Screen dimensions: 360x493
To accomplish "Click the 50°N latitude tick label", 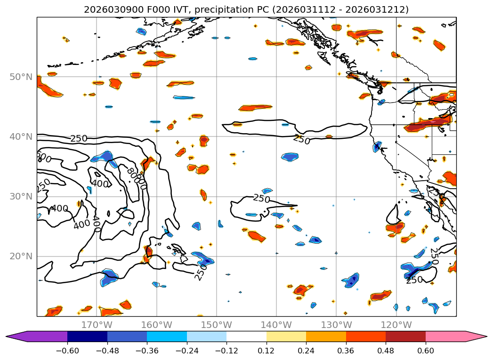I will pos(21,77).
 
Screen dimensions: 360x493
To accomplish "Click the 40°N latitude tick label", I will pos(21,136).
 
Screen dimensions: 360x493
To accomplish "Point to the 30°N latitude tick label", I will pos(21,196).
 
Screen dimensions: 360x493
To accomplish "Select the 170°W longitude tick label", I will pos(97,325).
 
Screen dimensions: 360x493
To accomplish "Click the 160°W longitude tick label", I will pos(156,325).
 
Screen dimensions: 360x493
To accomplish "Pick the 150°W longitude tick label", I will pos(216,325).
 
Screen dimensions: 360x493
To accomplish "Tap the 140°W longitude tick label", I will pos(276,325).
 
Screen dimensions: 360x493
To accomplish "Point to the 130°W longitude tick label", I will pos(336,325).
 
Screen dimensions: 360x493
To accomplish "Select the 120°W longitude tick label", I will pos(396,325).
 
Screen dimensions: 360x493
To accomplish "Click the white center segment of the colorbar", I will pos(246,336).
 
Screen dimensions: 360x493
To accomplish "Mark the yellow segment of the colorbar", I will pos(286,336).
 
